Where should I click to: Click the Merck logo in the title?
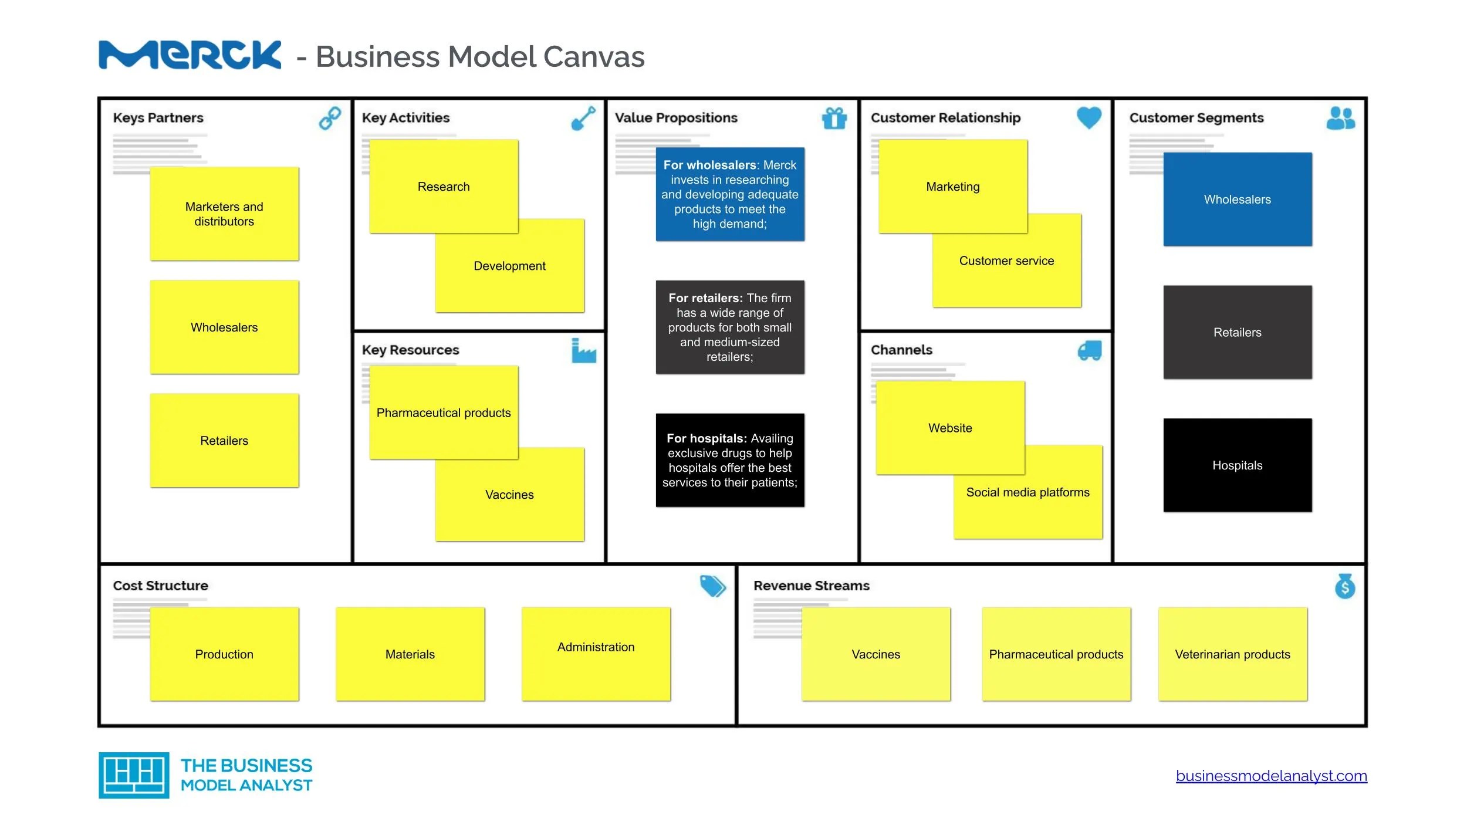(x=190, y=55)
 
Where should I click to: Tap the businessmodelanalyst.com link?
(x=1271, y=776)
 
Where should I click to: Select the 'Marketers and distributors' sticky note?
(x=224, y=214)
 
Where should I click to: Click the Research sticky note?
(x=444, y=186)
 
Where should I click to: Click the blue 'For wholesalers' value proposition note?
(x=729, y=194)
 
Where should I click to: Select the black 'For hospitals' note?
(x=729, y=459)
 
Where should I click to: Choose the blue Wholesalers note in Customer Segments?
(x=1237, y=199)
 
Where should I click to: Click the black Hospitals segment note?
(x=1237, y=465)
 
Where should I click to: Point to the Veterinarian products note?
(x=1232, y=654)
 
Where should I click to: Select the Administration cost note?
(x=596, y=654)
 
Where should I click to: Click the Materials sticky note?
(x=410, y=654)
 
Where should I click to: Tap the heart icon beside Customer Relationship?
(x=1089, y=117)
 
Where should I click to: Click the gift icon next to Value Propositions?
(x=834, y=118)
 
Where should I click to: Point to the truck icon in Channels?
(x=1089, y=351)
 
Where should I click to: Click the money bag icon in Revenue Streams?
(x=1344, y=586)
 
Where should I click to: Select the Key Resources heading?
(x=410, y=350)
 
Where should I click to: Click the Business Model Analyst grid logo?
(x=134, y=775)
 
